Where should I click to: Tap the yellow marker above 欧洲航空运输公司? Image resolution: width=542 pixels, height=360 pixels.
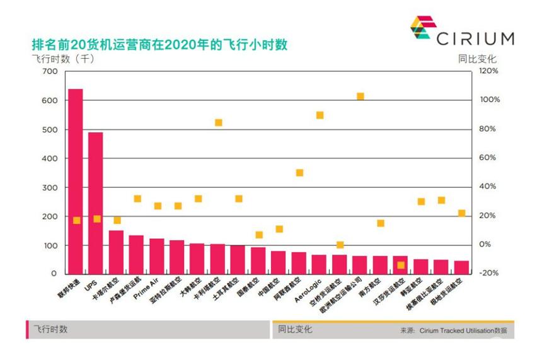(360, 96)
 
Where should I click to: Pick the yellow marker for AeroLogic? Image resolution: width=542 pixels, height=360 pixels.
(320, 115)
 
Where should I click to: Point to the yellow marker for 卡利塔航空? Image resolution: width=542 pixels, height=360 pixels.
(219, 122)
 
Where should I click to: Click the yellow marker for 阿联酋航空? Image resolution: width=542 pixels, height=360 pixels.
(300, 173)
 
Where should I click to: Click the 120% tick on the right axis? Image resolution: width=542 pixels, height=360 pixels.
(488, 71)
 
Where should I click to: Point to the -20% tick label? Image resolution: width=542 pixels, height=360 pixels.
(489, 273)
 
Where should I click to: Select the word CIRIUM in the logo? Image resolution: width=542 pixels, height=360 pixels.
(475, 38)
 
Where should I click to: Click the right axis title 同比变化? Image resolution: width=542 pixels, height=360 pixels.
(477, 59)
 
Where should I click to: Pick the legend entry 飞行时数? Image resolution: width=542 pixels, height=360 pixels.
(50, 329)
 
